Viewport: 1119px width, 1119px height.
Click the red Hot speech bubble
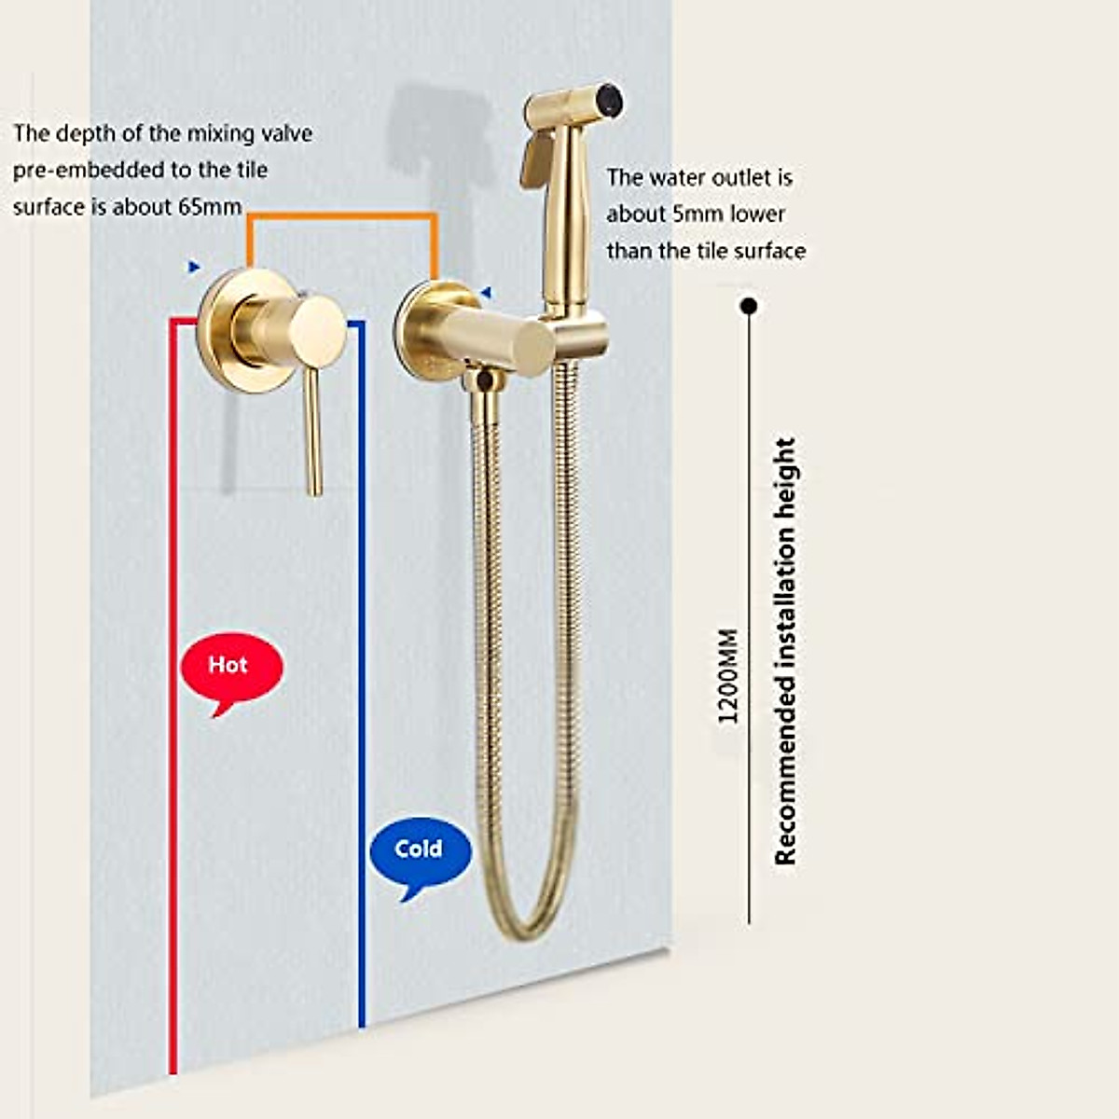[230, 666]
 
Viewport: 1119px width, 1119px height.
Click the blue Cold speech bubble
[420, 850]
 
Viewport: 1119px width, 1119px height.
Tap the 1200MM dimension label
[728, 676]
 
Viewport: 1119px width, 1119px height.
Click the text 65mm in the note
[210, 206]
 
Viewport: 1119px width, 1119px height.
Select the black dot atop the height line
[748, 306]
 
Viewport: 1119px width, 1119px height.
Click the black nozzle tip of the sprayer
[610, 96]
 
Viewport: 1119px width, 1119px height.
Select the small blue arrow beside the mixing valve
[194, 268]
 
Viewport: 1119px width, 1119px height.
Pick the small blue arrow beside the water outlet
[485, 293]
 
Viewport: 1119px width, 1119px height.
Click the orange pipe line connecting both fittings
[341, 216]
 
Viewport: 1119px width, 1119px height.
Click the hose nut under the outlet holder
[482, 380]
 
